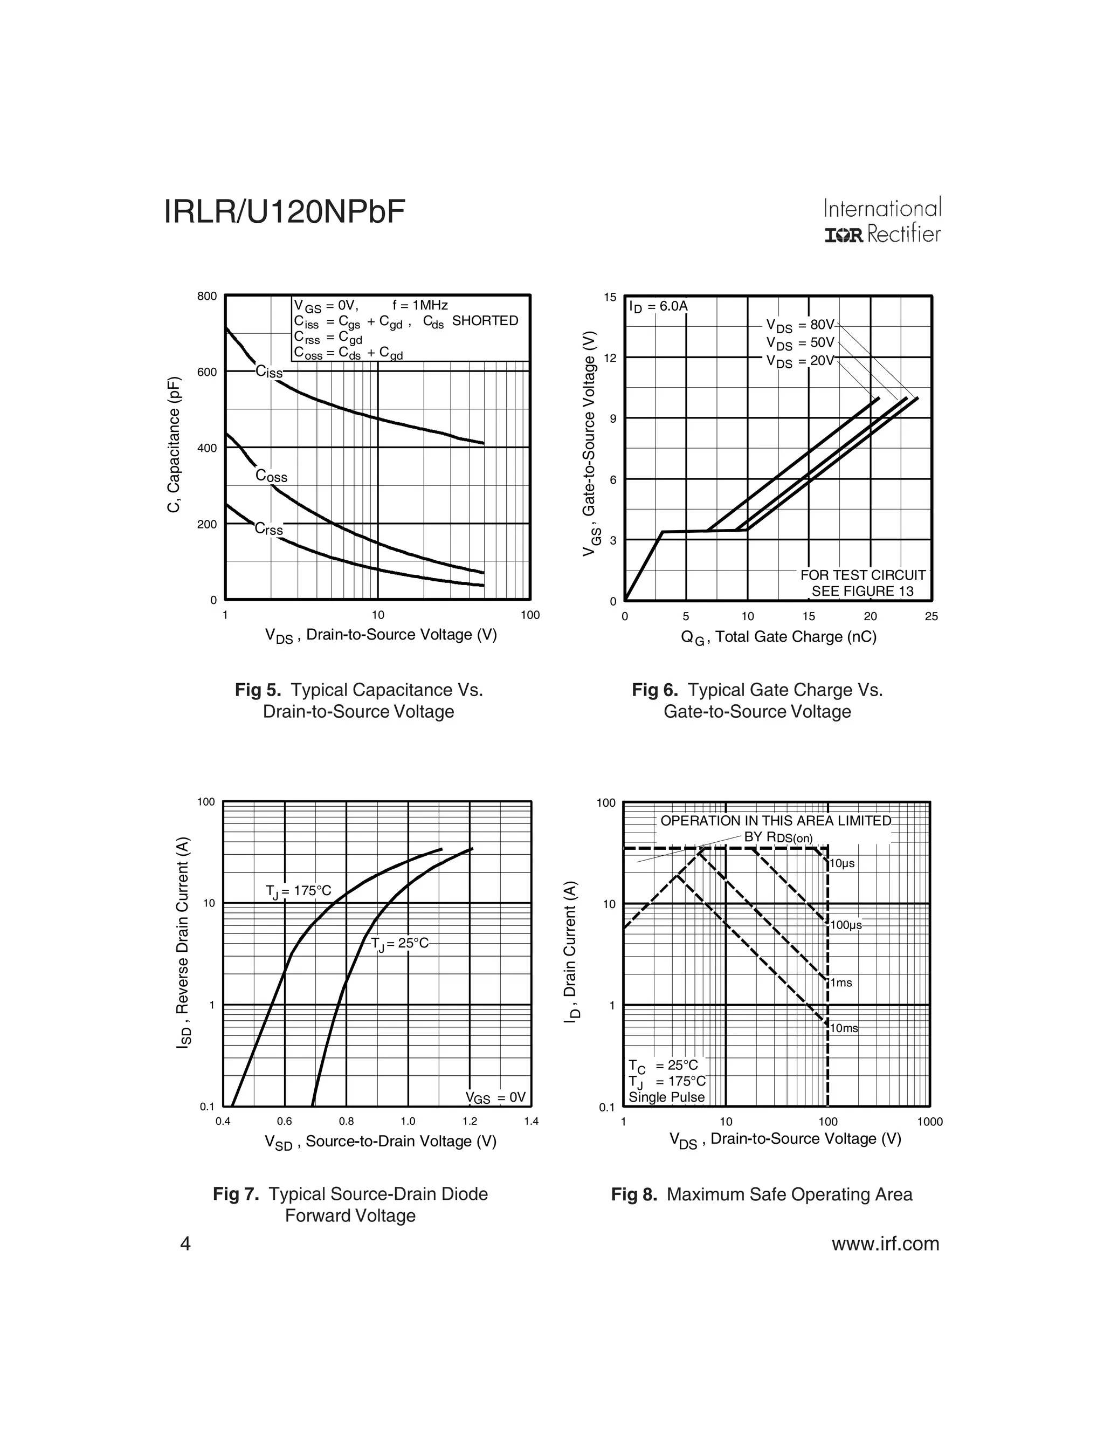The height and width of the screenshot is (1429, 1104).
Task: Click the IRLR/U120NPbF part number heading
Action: tap(285, 212)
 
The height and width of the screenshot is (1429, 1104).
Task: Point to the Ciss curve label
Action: tap(269, 372)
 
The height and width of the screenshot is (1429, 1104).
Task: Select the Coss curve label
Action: tap(271, 476)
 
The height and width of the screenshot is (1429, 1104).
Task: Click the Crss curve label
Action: tap(269, 528)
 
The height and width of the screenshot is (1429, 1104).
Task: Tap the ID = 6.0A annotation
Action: tap(658, 307)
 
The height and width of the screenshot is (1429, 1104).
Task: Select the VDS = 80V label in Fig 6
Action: tap(800, 325)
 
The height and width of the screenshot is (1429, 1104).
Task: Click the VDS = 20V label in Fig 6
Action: tap(800, 361)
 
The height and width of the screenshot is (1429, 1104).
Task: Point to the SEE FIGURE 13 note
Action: tap(862, 592)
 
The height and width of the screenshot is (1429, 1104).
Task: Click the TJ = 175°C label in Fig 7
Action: tap(298, 891)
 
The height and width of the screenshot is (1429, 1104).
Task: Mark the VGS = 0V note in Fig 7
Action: tap(495, 1097)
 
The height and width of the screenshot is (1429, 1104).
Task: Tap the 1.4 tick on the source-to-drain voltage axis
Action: tap(531, 1122)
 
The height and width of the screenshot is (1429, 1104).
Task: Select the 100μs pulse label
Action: tap(846, 925)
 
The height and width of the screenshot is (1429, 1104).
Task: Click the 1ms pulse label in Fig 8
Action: tap(841, 983)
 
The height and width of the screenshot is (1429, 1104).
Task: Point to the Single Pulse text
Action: tap(666, 1097)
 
